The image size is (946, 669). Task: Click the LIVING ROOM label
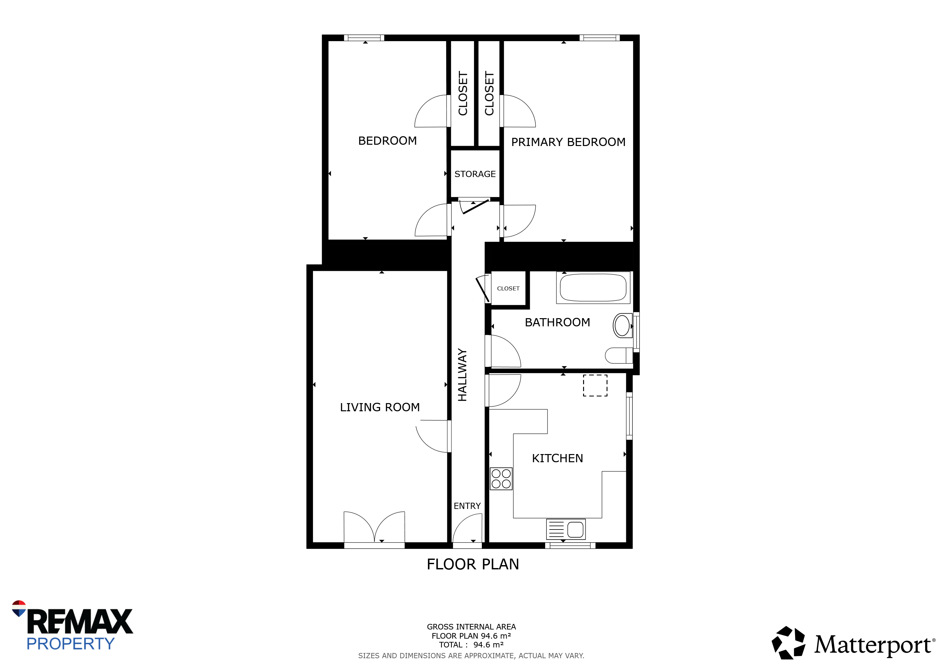click(380, 407)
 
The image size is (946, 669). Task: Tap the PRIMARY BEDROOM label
click(568, 142)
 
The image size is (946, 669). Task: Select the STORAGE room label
click(475, 174)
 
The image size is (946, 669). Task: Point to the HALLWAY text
click(462, 375)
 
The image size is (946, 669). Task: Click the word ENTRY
click(467, 506)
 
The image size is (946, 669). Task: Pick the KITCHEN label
click(558, 459)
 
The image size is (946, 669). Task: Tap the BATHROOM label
click(558, 322)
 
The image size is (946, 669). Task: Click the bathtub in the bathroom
click(593, 287)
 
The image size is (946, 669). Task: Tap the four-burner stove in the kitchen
click(501, 479)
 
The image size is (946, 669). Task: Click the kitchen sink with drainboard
click(566, 529)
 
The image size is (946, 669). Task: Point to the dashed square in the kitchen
click(595, 385)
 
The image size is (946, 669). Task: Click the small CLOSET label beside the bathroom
click(508, 289)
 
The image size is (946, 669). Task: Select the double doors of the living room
click(374, 527)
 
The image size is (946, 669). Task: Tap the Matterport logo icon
click(788, 643)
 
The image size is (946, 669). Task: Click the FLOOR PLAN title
click(473, 564)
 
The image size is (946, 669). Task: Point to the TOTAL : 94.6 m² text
click(471, 645)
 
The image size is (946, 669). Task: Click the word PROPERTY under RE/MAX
click(71, 644)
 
